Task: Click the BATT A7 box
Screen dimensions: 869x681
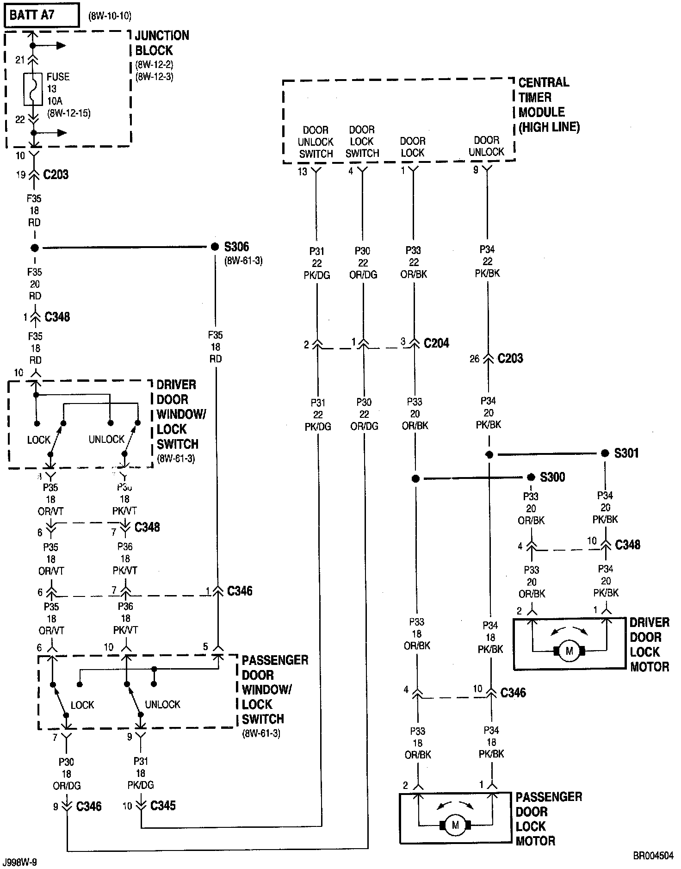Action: click(x=41, y=15)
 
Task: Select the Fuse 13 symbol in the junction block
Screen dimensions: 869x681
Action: click(x=32, y=89)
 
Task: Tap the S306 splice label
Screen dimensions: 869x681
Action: click(x=236, y=247)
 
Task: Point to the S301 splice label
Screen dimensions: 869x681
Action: click(x=626, y=453)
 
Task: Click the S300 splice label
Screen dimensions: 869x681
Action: click(x=552, y=477)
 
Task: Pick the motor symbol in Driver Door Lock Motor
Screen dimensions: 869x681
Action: click(x=569, y=651)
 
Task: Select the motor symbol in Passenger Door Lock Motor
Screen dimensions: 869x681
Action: click(x=455, y=825)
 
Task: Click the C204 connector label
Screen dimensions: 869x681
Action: click(x=436, y=343)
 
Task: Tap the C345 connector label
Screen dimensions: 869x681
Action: click(x=163, y=806)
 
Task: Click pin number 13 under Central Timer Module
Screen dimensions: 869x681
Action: click(x=303, y=172)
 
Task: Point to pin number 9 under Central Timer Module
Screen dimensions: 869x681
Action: click(x=476, y=170)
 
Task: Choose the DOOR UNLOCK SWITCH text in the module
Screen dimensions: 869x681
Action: click(x=316, y=142)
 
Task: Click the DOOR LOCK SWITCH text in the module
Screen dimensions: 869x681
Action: click(x=362, y=141)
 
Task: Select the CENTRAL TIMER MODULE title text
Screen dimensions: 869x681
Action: click(x=548, y=105)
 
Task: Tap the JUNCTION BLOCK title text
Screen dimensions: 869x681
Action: click(x=161, y=43)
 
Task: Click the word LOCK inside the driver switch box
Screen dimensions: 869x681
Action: click(x=38, y=440)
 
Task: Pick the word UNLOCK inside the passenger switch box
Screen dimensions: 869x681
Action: click(x=162, y=704)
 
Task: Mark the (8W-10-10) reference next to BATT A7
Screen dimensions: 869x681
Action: click(x=110, y=16)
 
